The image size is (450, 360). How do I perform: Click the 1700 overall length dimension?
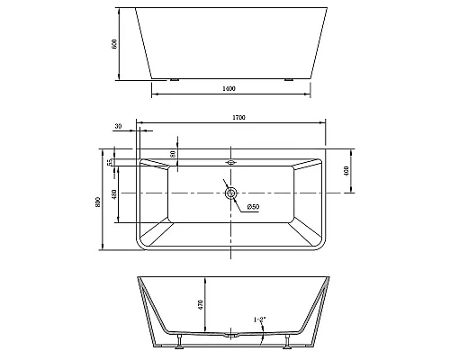point(238,118)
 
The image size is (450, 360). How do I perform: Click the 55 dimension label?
point(111,163)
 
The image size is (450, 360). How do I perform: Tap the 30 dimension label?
point(120,127)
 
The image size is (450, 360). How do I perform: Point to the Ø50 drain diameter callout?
point(253,208)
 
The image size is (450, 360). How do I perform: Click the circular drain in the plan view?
point(231,193)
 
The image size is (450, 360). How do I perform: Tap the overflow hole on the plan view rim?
point(231,163)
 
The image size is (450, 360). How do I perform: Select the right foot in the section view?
point(286,340)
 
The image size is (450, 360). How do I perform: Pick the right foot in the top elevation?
point(289,79)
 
